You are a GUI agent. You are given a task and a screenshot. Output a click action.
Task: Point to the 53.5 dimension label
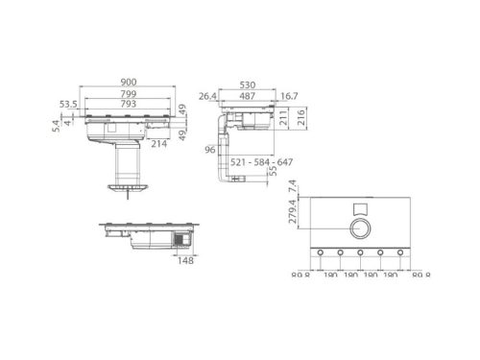[x=66, y=104]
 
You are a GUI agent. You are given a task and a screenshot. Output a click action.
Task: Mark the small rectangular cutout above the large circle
[x=359, y=207]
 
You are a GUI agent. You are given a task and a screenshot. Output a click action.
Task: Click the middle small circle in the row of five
[x=359, y=253]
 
